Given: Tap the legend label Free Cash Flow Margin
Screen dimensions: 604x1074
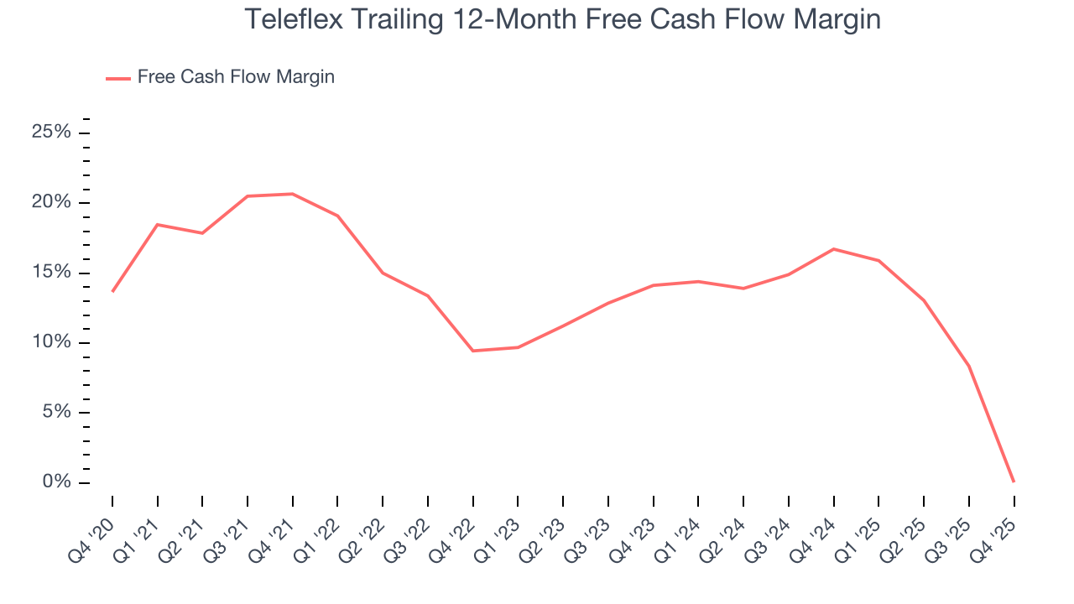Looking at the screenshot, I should coord(236,77).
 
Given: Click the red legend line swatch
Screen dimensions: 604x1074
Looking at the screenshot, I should coord(117,78).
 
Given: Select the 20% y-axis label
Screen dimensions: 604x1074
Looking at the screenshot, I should coord(52,203).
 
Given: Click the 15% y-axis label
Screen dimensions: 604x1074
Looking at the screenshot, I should coord(52,273).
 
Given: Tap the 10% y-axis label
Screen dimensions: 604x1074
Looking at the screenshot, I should coord(52,342).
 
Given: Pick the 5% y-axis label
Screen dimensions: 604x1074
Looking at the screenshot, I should coord(56,413).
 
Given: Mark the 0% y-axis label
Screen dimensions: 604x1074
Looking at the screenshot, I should coord(56,482).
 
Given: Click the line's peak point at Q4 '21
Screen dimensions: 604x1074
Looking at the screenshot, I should coord(293,194).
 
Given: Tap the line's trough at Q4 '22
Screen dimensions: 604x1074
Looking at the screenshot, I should coord(473,351).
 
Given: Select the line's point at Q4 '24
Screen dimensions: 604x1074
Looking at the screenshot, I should coord(833,249).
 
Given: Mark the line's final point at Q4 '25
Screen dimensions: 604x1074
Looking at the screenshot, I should coord(1014,482).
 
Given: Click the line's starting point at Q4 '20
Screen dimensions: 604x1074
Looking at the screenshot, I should coord(112,291).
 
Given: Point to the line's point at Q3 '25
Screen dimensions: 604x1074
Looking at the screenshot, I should coord(968,366).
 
